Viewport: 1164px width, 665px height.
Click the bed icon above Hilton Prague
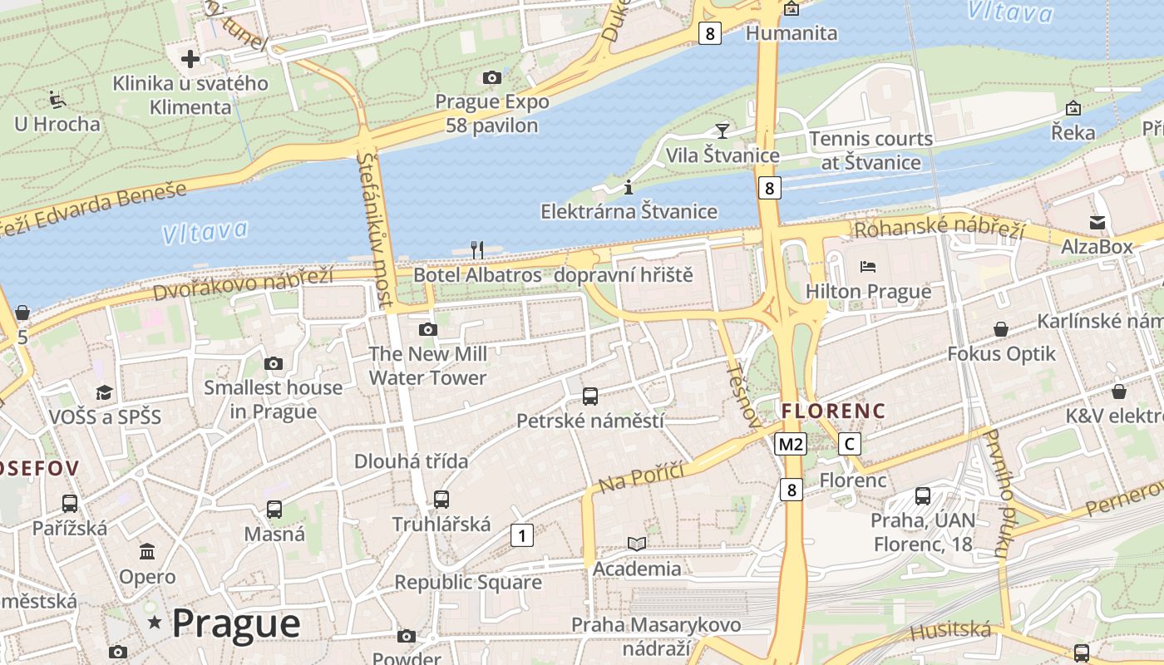coord(868,267)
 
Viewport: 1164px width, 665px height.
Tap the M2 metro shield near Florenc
coord(790,444)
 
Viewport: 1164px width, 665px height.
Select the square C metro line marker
coord(849,444)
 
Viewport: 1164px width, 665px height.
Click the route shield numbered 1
coord(521,535)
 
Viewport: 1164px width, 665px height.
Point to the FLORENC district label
coord(833,411)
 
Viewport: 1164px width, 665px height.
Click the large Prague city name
coord(236,623)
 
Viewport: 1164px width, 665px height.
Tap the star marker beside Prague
coord(154,622)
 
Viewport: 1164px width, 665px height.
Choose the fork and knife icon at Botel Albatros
coord(477,249)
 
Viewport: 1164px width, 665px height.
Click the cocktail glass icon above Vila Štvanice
coord(722,131)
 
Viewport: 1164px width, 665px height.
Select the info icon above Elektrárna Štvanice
coord(629,186)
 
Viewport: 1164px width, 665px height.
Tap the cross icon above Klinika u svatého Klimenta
coord(190,58)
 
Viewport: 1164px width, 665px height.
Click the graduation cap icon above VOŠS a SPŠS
coord(104,392)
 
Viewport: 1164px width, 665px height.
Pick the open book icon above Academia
coord(637,544)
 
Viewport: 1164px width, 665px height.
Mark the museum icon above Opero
coord(147,551)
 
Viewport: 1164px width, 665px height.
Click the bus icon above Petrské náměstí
coord(590,396)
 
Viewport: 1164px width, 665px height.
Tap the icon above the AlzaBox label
coord(1097,222)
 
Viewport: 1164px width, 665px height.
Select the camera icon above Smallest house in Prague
coord(273,363)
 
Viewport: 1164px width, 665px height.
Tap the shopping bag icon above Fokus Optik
coord(1001,329)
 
